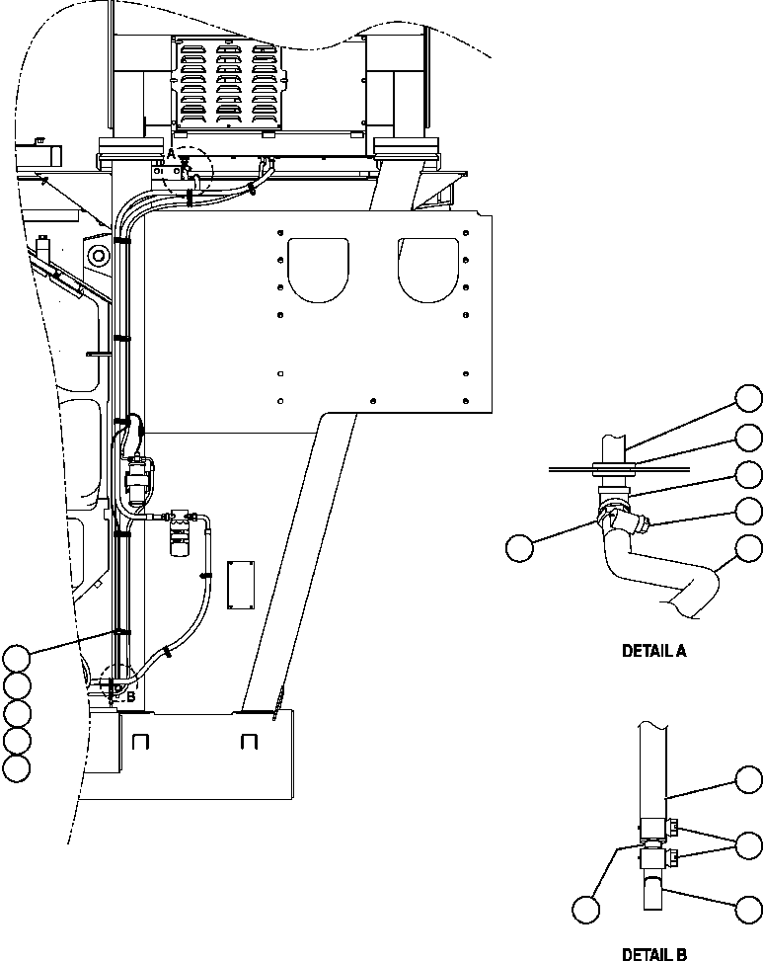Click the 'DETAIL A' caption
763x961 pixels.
click(x=653, y=651)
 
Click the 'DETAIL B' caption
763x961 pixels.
click(x=653, y=953)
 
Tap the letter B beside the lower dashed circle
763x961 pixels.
click(x=129, y=696)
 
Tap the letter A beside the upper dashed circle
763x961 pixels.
click(x=171, y=154)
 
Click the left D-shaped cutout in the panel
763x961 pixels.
click(x=317, y=268)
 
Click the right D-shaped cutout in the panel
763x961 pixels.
click(x=429, y=268)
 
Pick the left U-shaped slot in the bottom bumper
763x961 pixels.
click(x=139, y=741)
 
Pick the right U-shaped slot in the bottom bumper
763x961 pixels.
click(x=249, y=741)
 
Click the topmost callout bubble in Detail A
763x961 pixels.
click(x=748, y=398)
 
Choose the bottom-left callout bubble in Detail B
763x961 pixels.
click(x=587, y=908)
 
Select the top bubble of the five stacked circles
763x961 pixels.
click(x=17, y=658)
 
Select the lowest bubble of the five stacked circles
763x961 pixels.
click(x=17, y=767)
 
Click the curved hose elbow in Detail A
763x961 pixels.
click(x=650, y=579)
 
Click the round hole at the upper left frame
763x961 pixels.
click(x=98, y=257)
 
